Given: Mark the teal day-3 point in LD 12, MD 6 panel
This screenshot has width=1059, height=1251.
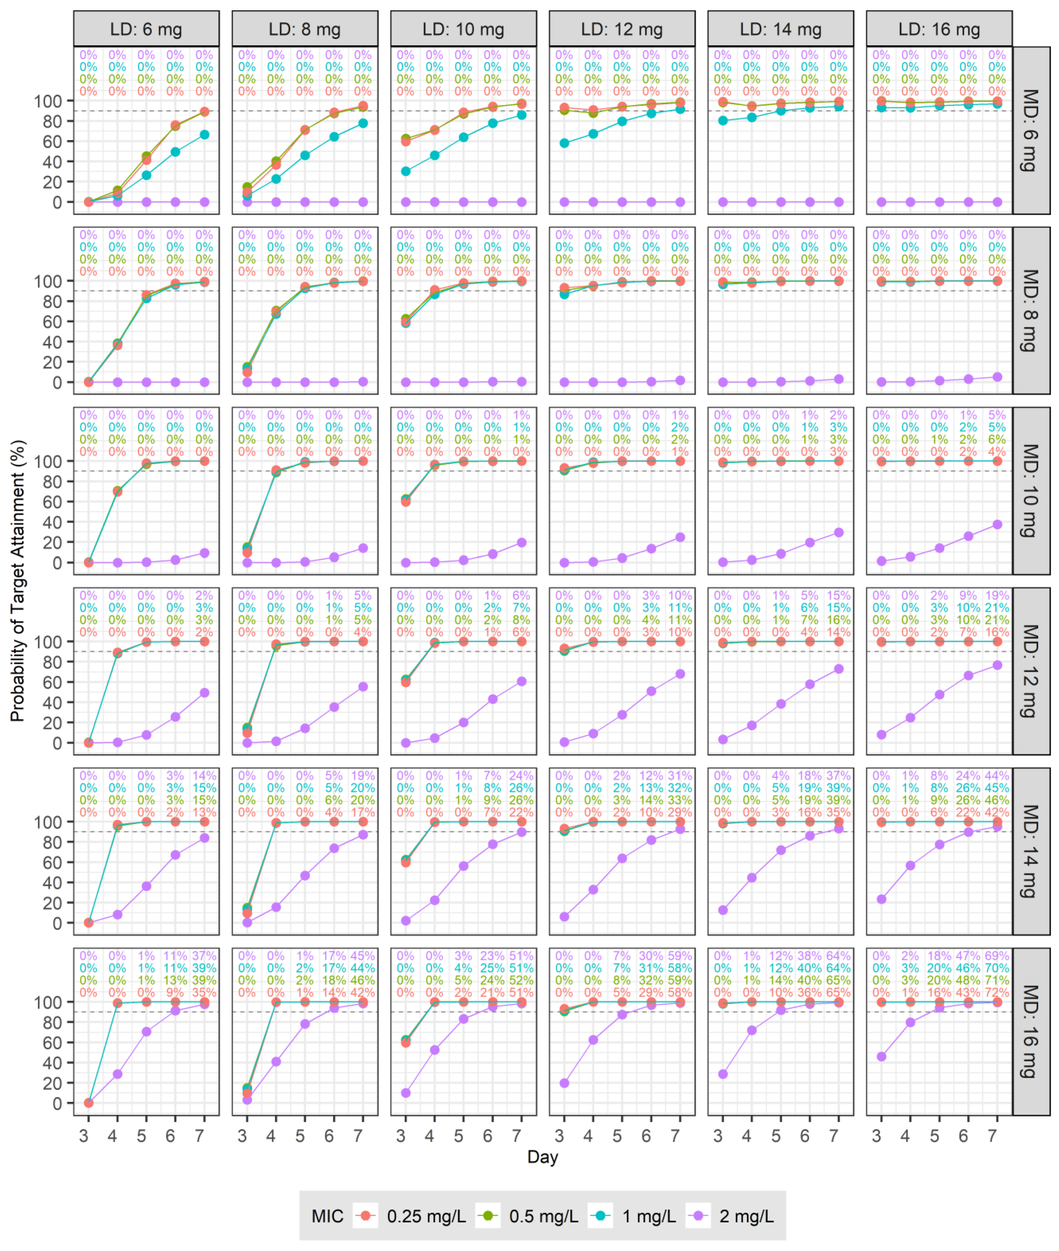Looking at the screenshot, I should tap(564, 143).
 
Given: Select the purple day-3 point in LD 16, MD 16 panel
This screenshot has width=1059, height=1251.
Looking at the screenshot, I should tap(881, 1056).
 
